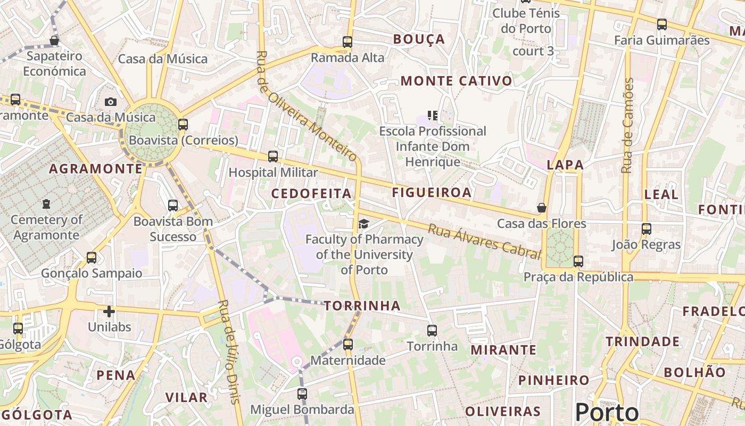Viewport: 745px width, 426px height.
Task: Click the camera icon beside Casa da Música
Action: (111, 102)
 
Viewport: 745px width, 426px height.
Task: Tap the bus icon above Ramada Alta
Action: (347, 42)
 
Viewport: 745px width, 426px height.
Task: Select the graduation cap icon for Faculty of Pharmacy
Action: (363, 224)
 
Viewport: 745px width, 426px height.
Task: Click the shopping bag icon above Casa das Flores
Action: (542, 208)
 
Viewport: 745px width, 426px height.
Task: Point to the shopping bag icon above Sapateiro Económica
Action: (54, 40)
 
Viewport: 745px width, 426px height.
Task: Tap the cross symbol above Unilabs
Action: (109, 312)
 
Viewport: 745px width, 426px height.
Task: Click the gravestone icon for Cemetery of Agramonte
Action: (46, 204)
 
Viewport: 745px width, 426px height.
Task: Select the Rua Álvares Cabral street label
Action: (484, 241)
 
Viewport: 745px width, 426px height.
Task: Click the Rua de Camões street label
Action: (628, 126)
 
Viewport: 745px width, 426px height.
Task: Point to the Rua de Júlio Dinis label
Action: (229, 351)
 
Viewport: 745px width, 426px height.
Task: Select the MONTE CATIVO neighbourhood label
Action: (457, 81)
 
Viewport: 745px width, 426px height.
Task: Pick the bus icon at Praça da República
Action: (578, 261)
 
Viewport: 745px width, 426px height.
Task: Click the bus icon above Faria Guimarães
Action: (662, 24)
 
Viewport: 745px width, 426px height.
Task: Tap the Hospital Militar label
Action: (273, 173)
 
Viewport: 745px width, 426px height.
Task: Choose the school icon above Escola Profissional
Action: (432, 116)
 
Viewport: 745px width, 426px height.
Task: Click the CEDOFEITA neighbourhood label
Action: (311, 193)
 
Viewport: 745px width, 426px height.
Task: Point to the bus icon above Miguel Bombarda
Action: (302, 394)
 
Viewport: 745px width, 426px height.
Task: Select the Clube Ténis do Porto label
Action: (526, 20)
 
